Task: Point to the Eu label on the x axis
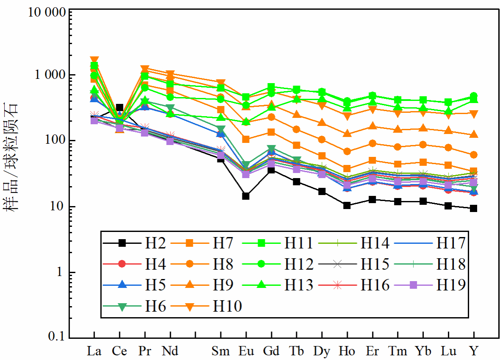coord(246,351)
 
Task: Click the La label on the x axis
coord(94,351)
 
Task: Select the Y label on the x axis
coord(474,351)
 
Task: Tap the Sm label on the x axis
coord(220,351)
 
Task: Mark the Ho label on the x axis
coord(347,351)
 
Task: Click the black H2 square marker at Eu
coord(246,196)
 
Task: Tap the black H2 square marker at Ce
coord(119,108)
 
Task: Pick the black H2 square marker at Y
coord(474,208)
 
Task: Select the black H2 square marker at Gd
coord(271,170)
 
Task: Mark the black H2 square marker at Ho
coord(347,205)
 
